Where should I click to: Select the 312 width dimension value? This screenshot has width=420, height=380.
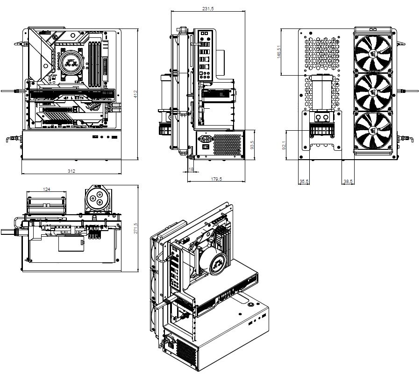coord(71,171)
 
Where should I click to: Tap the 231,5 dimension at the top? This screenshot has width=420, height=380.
coord(208,9)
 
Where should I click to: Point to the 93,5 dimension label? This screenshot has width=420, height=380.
coord(252,145)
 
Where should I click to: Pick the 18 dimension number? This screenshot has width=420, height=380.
coord(191,169)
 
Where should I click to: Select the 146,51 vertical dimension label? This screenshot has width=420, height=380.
coord(279,52)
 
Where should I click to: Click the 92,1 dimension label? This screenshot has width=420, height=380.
coord(284,146)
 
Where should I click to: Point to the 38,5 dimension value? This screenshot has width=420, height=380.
coord(348,181)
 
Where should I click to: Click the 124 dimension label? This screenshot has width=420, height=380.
coord(47,189)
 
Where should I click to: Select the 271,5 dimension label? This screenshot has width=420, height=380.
coord(136,229)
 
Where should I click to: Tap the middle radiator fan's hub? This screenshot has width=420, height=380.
coord(373,91)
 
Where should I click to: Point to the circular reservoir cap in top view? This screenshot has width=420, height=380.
coord(98,199)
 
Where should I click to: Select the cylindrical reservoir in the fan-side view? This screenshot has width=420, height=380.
coord(321,93)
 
